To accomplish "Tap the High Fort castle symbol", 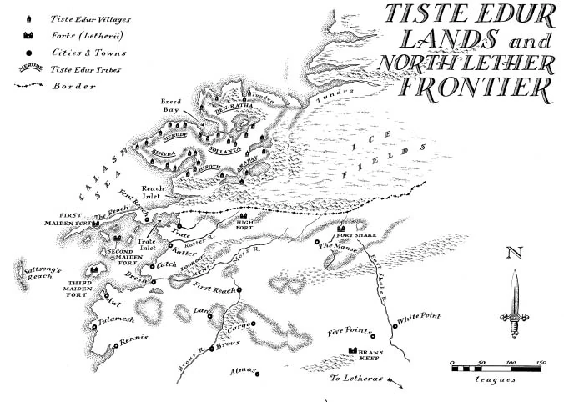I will pos(245,214).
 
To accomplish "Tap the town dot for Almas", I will pos(259,373).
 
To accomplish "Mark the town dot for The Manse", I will pos(317,245).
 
